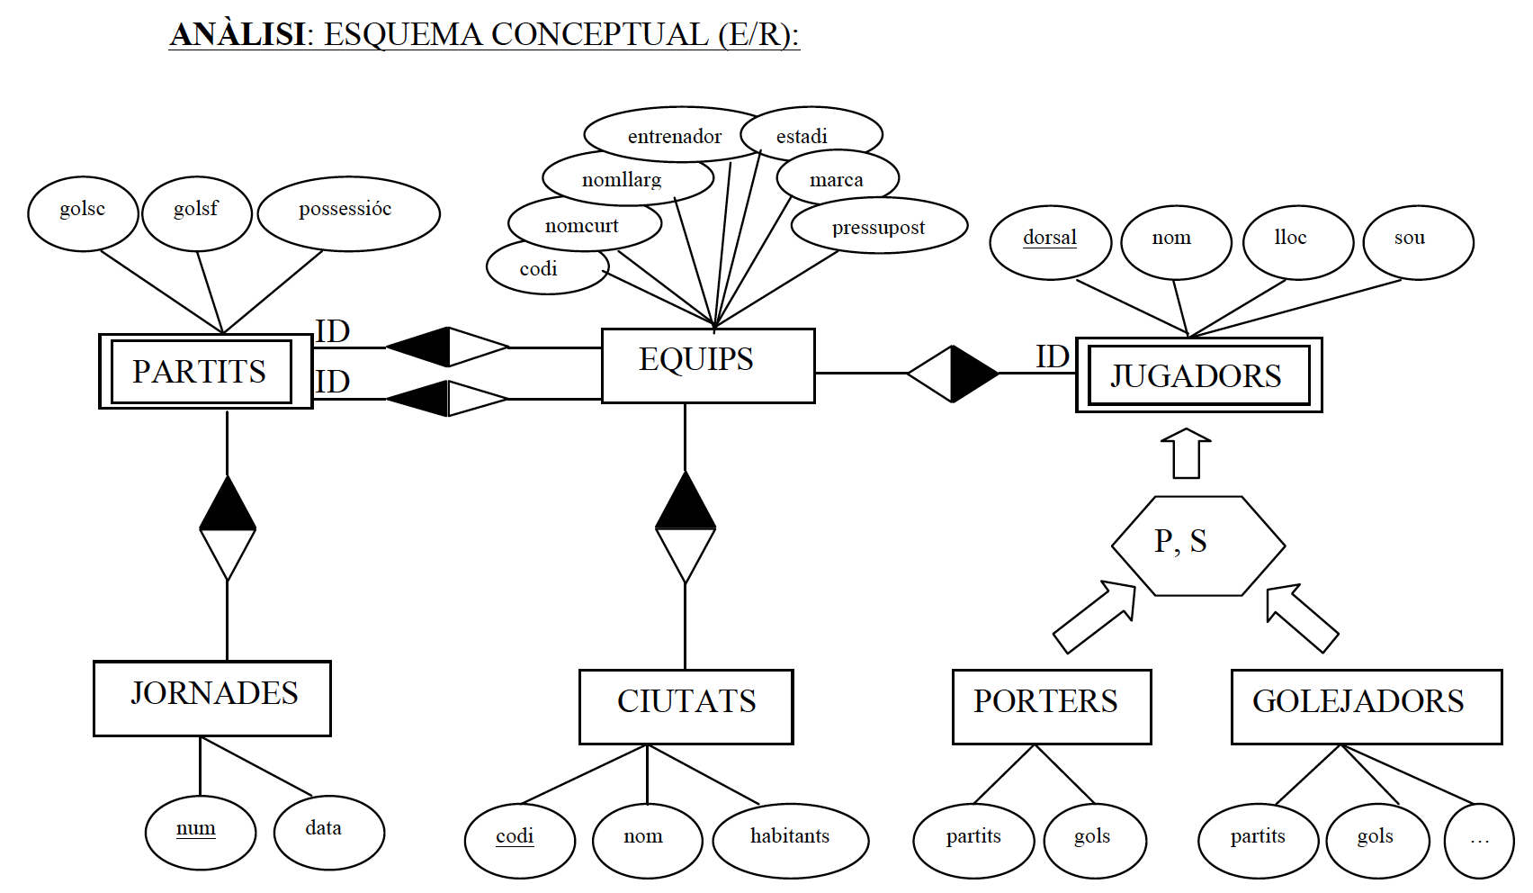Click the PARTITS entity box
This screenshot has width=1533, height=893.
coord(205,372)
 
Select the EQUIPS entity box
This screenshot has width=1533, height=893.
coord(707,365)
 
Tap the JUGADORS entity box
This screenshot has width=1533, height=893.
coord(1198,375)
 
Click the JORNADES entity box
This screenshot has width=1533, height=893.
coord(212,699)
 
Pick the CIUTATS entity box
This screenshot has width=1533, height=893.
coord(686,707)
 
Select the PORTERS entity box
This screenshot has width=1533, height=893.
coord(1051,707)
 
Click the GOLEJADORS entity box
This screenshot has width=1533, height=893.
coord(1366,707)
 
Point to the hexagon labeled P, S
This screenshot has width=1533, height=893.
coord(1197,546)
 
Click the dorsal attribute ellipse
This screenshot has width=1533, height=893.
coord(1050,241)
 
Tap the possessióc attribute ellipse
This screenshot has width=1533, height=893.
coord(348,213)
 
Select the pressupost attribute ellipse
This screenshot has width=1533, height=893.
coord(878,226)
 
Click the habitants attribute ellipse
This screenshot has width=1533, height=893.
coord(790,840)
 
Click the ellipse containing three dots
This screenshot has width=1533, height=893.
coord(1478,841)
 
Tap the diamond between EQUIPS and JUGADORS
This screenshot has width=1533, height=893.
coord(952,373)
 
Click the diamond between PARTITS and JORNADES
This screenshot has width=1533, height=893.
coord(227,529)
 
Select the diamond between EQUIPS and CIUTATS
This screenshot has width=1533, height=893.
coord(686,528)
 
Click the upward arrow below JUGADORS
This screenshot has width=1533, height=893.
coord(1186,453)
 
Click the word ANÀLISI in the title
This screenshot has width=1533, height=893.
coord(238,34)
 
